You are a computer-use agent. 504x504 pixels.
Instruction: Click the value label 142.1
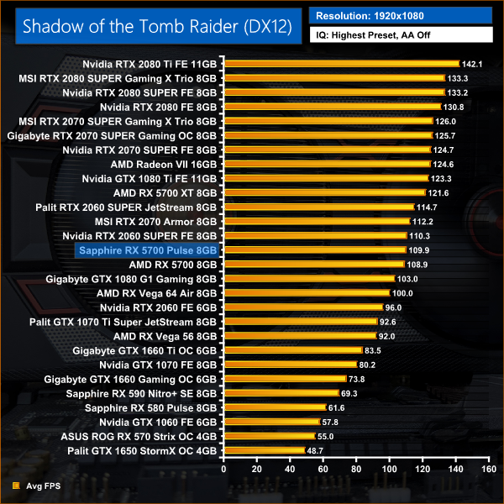click(x=472, y=64)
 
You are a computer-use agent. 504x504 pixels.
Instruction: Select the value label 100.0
click(x=402, y=293)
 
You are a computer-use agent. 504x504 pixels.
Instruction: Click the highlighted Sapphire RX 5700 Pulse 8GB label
click(x=147, y=249)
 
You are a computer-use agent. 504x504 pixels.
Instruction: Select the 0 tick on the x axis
click(x=223, y=470)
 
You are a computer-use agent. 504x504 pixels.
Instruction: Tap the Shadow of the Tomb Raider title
click(x=157, y=25)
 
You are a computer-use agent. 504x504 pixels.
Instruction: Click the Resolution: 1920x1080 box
click(x=401, y=15)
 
